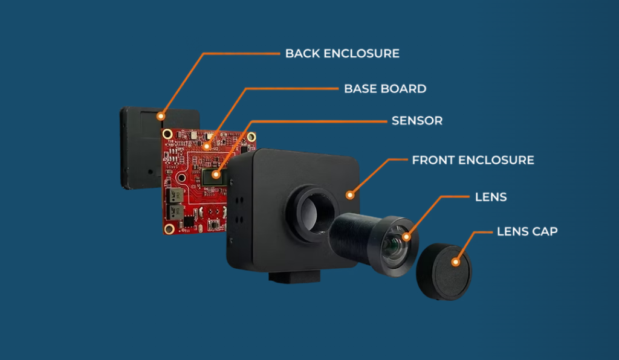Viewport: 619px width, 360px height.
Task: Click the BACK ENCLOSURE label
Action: tap(342, 53)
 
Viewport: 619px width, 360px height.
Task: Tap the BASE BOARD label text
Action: tap(385, 89)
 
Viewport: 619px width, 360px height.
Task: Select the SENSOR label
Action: tap(417, 121)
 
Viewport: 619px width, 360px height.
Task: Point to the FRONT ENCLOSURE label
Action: tap(473, 160)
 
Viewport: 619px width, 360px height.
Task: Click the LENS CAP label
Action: tap(527, 231)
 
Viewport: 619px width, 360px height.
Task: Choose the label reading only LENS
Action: tap(491, 197)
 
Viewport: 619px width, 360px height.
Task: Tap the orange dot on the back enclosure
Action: tap(161, 115)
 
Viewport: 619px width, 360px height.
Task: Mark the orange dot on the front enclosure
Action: tap(349, 194)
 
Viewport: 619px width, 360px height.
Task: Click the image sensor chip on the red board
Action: tap(216, 176)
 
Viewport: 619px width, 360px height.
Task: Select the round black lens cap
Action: tap(444, 272)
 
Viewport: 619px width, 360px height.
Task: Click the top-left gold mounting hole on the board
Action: tap(167, 133)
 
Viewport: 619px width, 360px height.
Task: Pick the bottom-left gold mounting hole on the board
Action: tap(169, 228)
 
